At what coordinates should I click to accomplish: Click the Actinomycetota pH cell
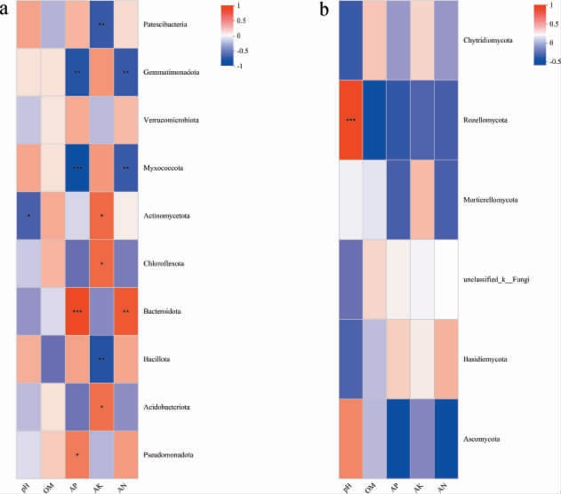click(29, 216)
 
